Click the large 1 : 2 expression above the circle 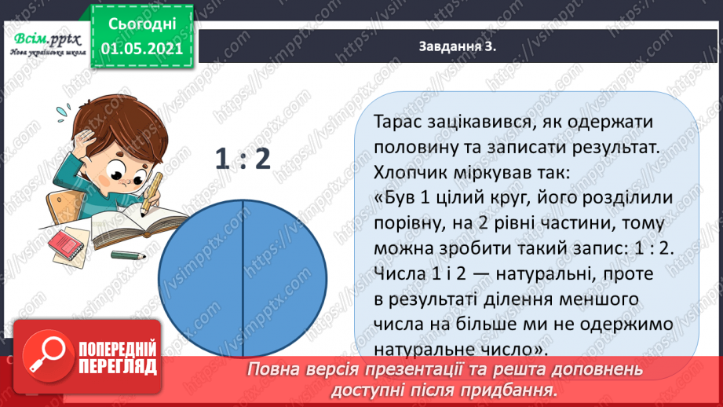pos(243,159)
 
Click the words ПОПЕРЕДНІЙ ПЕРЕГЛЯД pos(117,359)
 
